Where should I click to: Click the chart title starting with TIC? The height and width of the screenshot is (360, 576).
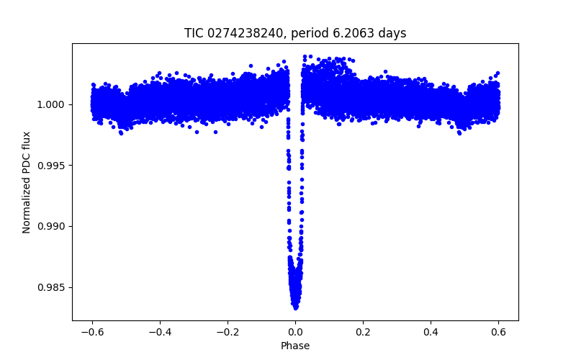coord(295,33)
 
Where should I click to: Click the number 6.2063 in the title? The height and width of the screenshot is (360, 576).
coord(358,33)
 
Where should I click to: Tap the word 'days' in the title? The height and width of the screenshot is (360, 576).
coord(392,33)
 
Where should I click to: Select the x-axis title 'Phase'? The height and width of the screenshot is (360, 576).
coord(295,346)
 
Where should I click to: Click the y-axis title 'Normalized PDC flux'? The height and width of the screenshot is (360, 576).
coord(27,181)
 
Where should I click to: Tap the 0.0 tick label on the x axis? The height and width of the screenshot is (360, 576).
coord(295,332)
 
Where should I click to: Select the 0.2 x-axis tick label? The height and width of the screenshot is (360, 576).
coord(363,332)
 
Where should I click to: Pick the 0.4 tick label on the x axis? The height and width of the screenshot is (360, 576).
coord(431,332)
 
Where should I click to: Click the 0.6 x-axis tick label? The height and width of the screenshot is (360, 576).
coord(498,332)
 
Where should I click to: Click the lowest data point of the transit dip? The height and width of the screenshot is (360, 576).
coord(296,307)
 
